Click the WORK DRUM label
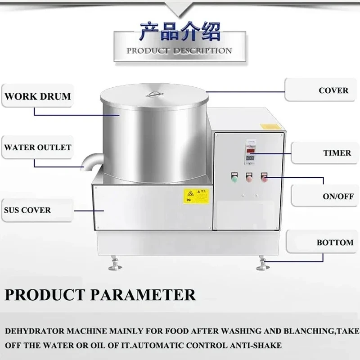point(38,96)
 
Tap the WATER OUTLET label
point(38,147)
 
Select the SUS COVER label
point(28,210)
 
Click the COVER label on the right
point(333,90)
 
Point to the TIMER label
point(337,153)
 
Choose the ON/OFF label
point(338,196)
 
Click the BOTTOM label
point(335,243)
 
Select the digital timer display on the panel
point(250,151)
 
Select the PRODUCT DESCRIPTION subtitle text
point(179,51)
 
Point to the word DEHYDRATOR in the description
point(33,331)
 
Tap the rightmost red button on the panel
point(265,178)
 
